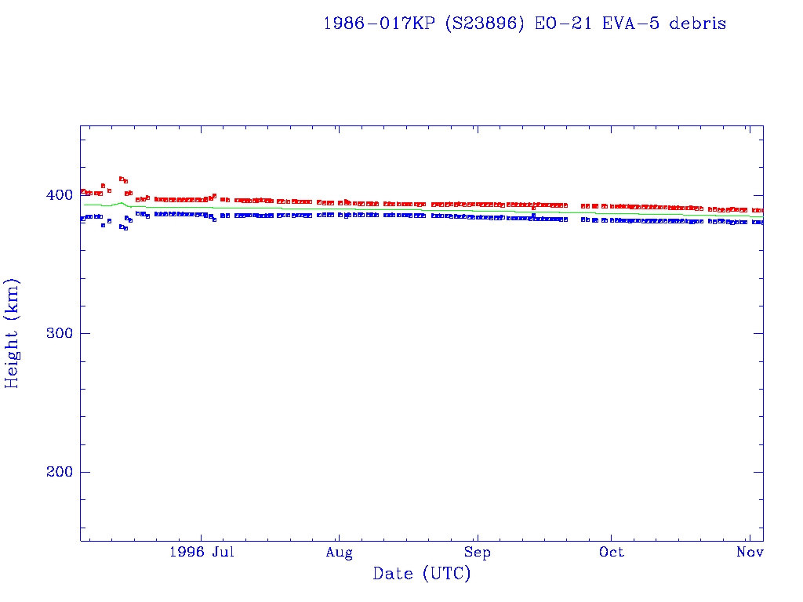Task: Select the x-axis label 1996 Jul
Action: click(202, 553)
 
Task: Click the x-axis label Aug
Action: click(339, 553)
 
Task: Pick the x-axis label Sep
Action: click(476, 553)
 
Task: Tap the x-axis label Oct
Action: click(612, 553)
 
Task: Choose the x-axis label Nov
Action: click(750, 553)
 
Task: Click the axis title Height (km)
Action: click(13, 333)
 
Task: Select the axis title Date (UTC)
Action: click(422, 574)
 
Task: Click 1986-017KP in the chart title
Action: click(380, 24)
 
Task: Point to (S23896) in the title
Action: click(485, 24)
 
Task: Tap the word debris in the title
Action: click(697, 24)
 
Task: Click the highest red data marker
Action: click(122, 179)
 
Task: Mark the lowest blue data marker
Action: click(125, 228)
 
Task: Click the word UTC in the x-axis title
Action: click(445, 574)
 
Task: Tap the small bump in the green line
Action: click(121, 203)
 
